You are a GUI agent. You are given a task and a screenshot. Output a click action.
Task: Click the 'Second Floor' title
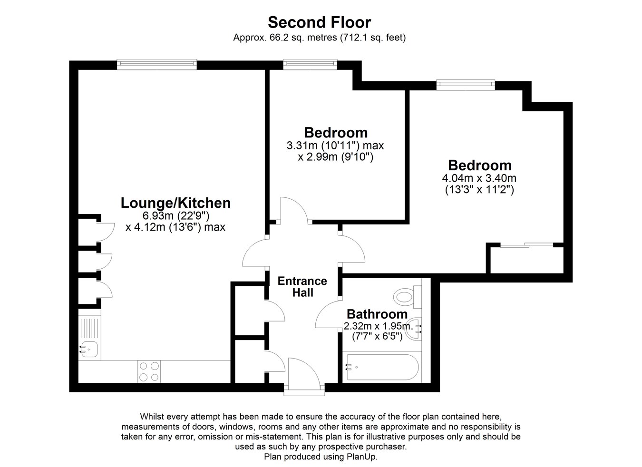(319, 22)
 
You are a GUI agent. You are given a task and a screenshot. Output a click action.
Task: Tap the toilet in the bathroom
(407, 297)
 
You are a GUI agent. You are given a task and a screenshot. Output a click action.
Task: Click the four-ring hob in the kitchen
(149, 371)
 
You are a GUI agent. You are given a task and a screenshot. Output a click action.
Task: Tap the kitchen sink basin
(89, 350)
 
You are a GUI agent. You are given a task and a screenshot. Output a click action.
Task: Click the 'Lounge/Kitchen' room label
(175, 203)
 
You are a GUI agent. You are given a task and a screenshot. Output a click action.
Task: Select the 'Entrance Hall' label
(302, 287)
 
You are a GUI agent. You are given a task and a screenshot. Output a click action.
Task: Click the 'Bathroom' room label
(377, 314)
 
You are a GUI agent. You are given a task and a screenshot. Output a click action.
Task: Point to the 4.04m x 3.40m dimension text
(479, 178)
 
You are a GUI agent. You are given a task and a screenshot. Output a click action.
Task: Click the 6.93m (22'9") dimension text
(176, 216)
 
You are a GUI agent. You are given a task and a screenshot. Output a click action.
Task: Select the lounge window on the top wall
(157, 65)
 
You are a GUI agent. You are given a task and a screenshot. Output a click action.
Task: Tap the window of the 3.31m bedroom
(311, 65)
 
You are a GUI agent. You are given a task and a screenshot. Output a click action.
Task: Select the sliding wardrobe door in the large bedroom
(527, 245)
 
